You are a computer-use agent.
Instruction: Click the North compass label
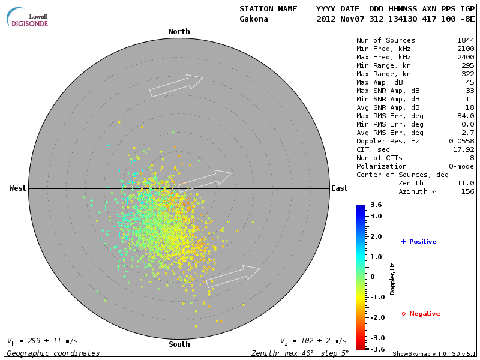[x=179, y=32]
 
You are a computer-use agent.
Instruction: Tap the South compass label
[x=179, y=344]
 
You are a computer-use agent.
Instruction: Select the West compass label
[x=17, y=188]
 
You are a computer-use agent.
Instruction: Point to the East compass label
[x=339, y=188]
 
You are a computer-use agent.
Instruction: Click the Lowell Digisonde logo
[x=28, y=17]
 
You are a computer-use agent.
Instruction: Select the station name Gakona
[x=254, y=19]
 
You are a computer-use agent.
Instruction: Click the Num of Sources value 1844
[x=465, y=40]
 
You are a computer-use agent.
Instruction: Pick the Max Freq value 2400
[x=465, y=57]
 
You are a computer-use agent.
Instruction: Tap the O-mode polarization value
[x=461, y=166]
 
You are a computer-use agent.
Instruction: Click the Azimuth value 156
[x=467, y=191]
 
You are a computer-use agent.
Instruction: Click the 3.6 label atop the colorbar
[x=376, y=205]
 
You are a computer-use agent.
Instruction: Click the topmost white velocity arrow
[x=177, y=85]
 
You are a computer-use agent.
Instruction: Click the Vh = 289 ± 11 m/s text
[x=42, y=341]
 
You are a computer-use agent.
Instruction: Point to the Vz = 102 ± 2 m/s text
[x=313, y=341]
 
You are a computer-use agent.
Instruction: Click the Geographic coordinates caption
[x=53, y=353]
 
